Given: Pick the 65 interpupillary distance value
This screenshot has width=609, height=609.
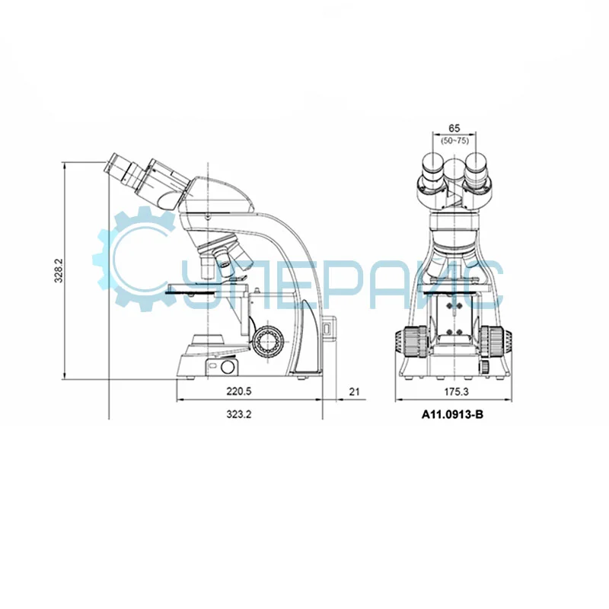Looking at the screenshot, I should pyautogui.click(x=454, y=128).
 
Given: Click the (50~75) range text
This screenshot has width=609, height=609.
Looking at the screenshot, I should pyautogui.click(x=454, y=140).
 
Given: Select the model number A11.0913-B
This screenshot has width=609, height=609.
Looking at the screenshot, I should pyautogui.click(x=453, y=416).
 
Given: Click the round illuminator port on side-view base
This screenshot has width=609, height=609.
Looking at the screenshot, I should pyautogui.click(x=228, y=368).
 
